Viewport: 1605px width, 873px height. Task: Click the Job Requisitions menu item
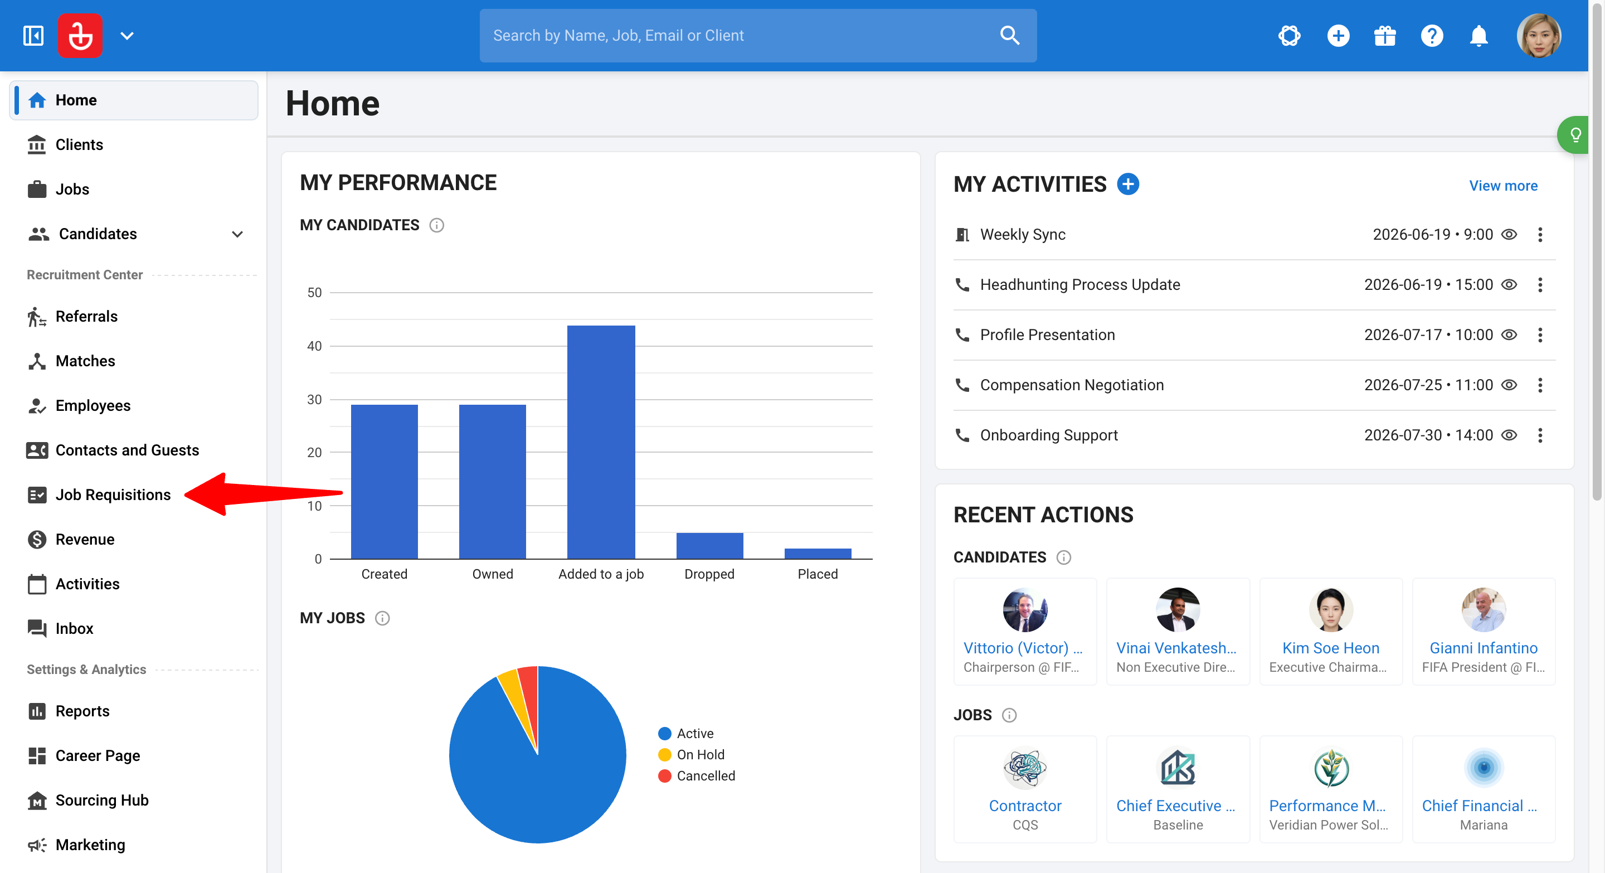113,495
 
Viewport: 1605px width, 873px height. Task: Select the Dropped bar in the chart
709,546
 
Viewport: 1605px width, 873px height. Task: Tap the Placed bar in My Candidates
818,554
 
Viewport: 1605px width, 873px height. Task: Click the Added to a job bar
601,442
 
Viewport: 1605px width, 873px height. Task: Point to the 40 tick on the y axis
315,346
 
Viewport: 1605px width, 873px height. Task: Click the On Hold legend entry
692,755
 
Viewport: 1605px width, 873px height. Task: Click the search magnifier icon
1009,36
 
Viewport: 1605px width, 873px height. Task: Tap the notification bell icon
1478,36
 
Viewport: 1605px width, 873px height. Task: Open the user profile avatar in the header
1538,36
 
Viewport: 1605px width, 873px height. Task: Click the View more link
1503,186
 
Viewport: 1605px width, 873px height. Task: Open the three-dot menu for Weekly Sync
1540,234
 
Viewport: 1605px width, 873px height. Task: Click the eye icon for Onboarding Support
1509,435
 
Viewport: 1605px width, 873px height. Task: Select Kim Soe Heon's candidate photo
1331,610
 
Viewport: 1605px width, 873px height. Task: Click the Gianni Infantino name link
1483,648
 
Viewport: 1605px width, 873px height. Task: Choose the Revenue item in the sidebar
85,539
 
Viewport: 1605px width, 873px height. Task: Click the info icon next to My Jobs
382,618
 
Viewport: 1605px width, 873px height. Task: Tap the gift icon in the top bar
1384,36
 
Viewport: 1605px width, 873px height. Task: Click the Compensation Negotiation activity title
1072,385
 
